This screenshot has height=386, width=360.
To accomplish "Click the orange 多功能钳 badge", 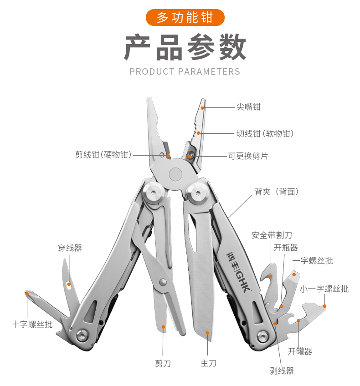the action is tap(185, 17).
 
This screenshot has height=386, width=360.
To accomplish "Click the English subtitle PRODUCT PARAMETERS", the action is tap(185, 71).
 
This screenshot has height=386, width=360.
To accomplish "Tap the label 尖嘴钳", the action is tap(248, 107).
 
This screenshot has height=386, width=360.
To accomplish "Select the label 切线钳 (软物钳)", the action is tap(265, 133).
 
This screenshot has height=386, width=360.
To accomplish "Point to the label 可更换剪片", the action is tap(247, 156).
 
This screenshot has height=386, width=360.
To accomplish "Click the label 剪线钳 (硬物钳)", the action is tap(103, 155).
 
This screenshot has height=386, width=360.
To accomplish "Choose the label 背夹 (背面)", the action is tap(277, 192).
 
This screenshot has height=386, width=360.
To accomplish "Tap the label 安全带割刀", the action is tap(272, 235).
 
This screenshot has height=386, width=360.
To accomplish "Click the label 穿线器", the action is tap(70, 248).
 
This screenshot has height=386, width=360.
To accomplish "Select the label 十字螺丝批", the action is tap(32, 324).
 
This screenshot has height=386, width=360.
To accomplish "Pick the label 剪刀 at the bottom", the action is tap(163, 363).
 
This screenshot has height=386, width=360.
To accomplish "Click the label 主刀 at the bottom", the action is tap(208, 363).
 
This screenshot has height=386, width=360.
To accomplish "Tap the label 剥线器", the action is tap(282, 371).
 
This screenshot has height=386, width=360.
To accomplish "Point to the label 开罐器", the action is tap(300, 351).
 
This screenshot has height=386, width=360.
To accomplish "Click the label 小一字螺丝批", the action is tap(324, 289).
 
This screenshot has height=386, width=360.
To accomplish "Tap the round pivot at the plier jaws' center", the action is tap(176, 174).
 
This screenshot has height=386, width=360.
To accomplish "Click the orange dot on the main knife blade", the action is tap(207, 333).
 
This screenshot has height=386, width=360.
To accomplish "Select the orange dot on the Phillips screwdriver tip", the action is tap(27, 294).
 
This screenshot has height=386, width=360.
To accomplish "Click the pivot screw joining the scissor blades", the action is tap(163, 282).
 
